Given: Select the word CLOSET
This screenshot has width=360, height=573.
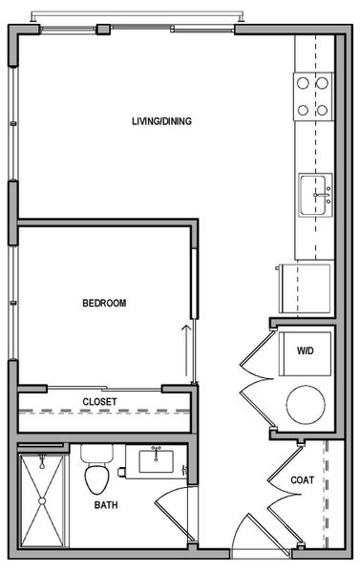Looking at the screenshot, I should tap(99, 402).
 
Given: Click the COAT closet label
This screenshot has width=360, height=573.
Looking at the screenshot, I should tap(301, 480).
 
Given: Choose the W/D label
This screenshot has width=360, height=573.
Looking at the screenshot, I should tap(305, 351).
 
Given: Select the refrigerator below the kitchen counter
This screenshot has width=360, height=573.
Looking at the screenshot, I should tap(304, 286).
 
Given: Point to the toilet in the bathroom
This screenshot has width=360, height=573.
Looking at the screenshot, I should tap(96, 468).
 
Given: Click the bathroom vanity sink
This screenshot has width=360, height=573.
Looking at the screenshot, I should tap(159, 462).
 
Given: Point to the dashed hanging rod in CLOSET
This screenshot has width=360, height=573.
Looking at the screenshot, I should tap(105, 413).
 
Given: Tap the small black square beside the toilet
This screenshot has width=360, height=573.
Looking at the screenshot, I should tap(122, 471).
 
